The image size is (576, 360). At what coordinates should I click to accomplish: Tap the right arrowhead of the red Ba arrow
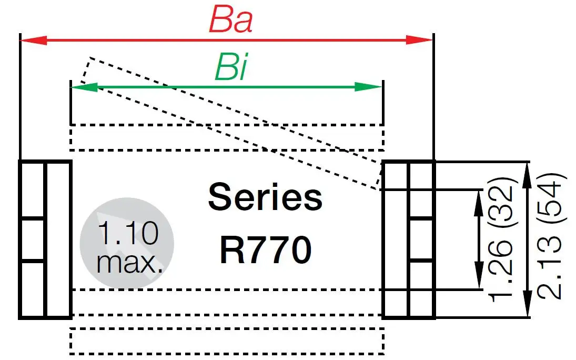click(x=420, y=40)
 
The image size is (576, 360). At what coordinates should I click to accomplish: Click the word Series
click(x=265, y=198)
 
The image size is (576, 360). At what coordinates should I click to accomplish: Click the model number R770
click(x=265, y=251)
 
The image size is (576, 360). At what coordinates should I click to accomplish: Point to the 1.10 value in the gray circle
click(x=128, y=233)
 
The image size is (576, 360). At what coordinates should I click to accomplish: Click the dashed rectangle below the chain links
click(x=227, y=341)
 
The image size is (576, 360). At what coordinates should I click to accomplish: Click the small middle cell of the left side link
click(x=33, y=239)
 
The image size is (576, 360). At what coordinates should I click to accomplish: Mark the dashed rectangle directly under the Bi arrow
click(x=227, y=137)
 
